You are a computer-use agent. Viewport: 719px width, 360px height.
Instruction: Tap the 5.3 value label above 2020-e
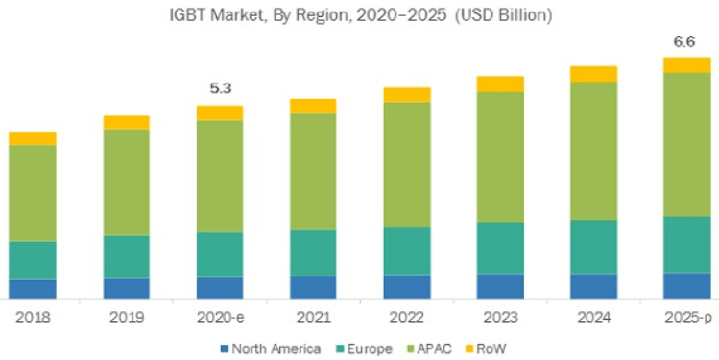(x=220, y=89)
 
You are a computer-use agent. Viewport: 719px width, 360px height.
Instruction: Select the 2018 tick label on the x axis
(x=33, y=316)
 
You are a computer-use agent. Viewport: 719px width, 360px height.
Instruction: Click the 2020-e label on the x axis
(x=220, y=316)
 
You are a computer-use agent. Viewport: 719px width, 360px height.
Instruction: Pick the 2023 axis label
(x=500, y=316)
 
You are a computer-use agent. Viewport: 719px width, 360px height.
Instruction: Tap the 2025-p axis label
(x=686, y=316)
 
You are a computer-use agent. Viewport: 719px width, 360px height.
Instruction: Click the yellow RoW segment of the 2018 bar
(x=33, y=138)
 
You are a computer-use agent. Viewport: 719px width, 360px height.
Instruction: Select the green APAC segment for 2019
(x=126, y=181)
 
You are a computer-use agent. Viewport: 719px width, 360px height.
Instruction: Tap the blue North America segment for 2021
(x=313, y=287)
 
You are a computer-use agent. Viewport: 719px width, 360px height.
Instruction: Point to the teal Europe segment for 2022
(x=407, y=251)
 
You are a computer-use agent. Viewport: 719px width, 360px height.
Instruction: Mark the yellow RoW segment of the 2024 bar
(x=593, y=74)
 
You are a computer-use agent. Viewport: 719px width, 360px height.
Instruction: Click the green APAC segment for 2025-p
(x=686, y=144)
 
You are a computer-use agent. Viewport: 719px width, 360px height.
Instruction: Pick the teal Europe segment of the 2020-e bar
(x=220, y=254)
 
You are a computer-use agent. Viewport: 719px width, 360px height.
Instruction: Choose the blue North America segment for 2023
(x=500, y=286)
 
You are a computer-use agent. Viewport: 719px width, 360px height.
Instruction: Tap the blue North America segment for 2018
(x=33, y=289)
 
